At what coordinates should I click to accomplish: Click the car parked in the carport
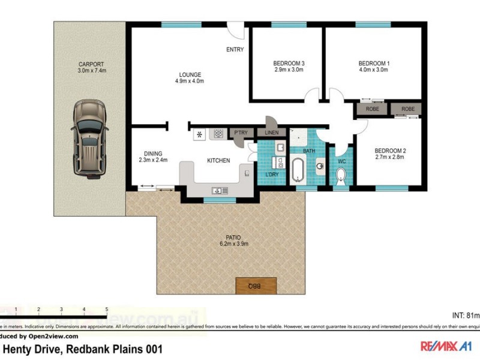pyautogui.click(x=89, y=139)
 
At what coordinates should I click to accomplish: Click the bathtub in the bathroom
pyautogui.click(x=298, y=170)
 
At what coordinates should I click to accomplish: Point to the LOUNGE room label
pyautogui.click(x=189, y=74)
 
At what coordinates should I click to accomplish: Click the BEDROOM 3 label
pyautogui.click(x=289, y=63)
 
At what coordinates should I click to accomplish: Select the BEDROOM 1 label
pyautogui.click(x=374, y=63)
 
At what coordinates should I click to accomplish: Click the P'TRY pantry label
pyautogui.click(x=241, y=133)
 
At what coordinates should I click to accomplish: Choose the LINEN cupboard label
pyautogui.click(x=271, y=133)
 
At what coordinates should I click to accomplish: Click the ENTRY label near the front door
pyautogui.click(x=235, y=50)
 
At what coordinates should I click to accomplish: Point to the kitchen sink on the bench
pyautogui.click(x=217, y=191)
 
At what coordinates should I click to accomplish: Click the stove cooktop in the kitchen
pyautogui.click(x=218, y=134)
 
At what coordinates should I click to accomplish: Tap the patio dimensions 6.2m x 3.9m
pyautogui.click(x=233, y=244)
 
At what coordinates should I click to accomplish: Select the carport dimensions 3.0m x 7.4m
pyautogui.click(x=91, y=70)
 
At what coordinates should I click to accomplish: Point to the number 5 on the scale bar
pyautogui.click(x=107, y=310)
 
